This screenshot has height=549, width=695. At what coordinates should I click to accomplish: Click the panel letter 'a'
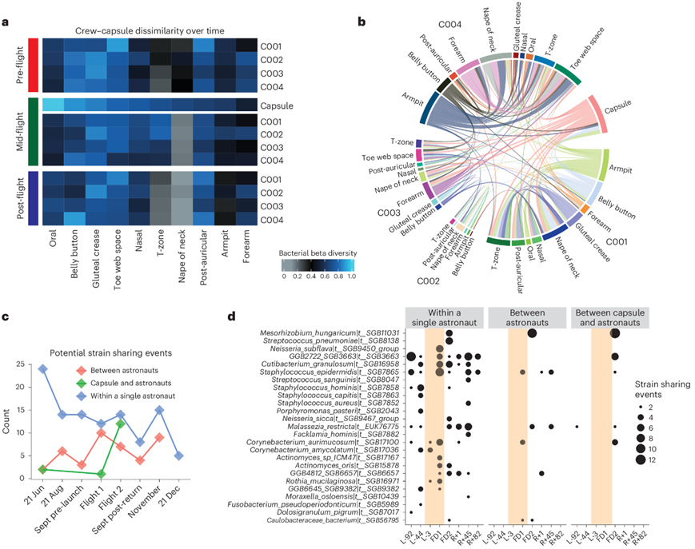tap(6, 22)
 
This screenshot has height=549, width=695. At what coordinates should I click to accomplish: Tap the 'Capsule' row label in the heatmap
tap(276, 105)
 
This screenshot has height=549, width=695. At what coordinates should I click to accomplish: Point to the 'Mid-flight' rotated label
tap(22, 131)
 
